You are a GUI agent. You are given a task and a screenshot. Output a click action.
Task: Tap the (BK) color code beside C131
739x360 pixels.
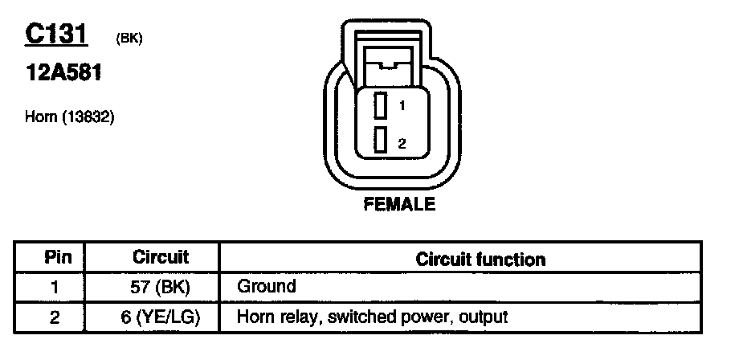tap(129, 38)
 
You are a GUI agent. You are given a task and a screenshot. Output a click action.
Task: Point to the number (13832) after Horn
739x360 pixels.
tap(88, 117)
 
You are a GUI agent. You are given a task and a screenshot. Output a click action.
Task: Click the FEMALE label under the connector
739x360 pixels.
tap(399, 204)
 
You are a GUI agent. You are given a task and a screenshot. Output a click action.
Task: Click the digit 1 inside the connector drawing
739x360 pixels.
tap(402, 106)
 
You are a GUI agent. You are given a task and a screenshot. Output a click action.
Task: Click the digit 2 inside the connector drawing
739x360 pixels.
tap(402, 143)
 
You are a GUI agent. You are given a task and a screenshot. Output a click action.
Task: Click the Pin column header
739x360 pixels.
tap(58, 258)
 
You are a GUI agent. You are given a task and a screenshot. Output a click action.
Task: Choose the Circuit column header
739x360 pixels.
tap(160, 257)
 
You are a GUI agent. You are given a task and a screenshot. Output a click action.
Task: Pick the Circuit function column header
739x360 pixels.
tap(480, 259)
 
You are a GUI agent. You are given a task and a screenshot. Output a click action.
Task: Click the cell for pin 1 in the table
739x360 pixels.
tap(55, 287)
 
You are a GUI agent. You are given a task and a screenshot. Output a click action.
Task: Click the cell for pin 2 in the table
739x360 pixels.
tap(55, 317)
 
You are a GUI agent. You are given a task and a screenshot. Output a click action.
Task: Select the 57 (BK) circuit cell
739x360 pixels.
tap(160, 287)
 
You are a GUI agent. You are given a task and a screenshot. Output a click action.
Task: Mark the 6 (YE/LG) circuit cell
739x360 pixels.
tap(160, 317)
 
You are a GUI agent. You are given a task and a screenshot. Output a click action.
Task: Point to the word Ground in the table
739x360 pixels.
tap(267, 286)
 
